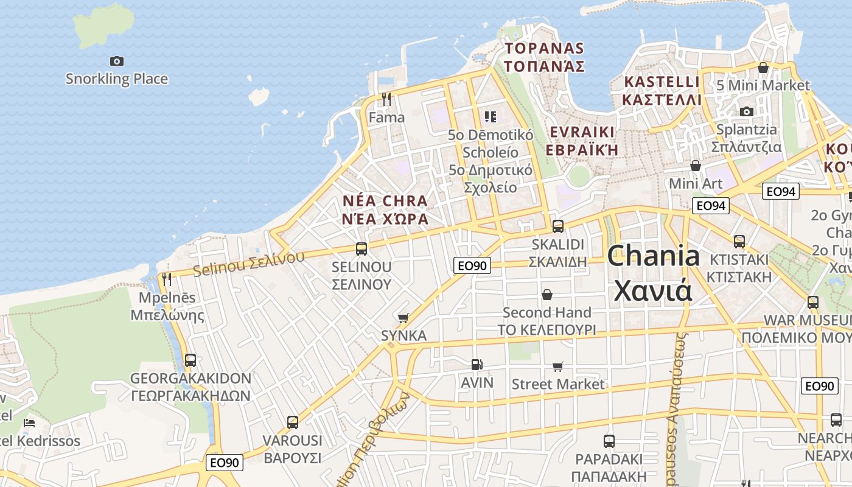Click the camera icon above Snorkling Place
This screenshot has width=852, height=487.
116,61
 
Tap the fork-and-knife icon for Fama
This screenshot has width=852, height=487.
386,99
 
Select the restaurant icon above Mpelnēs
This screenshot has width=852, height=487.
166,279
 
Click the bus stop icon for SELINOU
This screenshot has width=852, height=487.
361,248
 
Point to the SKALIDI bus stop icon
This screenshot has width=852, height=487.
557,226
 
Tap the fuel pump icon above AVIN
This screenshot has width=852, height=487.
477,365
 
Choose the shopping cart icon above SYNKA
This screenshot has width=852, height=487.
403,318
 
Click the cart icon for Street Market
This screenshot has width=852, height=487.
557,366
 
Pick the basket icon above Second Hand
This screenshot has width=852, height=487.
547,295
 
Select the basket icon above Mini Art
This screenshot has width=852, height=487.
695,166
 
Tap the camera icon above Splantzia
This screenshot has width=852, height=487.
746,111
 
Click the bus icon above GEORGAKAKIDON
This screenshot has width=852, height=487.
190,360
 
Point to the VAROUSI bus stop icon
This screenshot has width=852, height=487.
292,422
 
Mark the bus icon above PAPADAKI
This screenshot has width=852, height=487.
609,441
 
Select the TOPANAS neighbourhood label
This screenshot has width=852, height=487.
545,49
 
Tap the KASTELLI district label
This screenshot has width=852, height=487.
662,82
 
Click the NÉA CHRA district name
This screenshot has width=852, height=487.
385,201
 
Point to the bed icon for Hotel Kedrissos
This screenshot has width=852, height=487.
29,422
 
